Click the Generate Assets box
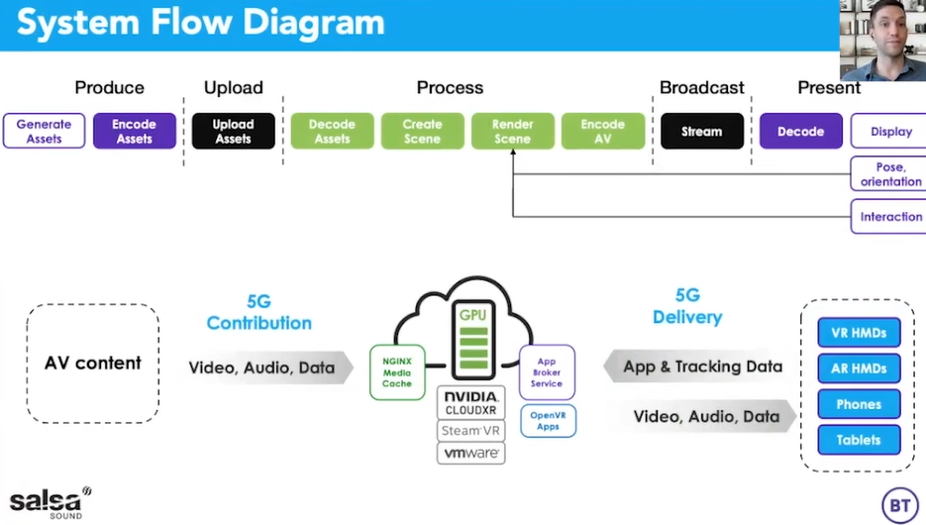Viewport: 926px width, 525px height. click(44, 131)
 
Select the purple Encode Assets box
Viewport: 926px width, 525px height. click(135, 131)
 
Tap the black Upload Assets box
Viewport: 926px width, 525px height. click(233, 131)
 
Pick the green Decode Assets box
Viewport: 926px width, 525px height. click(332, 131)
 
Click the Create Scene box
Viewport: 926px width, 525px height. click(422, 131)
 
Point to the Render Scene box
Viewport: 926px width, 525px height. click(512, 131)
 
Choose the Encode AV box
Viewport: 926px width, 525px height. click(602, 131)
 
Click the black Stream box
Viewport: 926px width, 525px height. click(701, 131)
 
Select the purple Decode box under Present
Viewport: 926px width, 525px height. click(800, 131)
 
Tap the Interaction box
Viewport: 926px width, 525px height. click(888, 216)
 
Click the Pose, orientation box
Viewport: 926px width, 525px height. click(888, 174)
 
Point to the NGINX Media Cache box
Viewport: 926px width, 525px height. click(396, 371)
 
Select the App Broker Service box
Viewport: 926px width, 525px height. click(547, 372)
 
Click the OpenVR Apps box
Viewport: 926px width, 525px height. click(547, 421)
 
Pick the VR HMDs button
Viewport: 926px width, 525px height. click(859, 333)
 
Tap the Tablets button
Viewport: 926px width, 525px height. click(859, 440)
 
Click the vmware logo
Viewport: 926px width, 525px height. click(471, 453)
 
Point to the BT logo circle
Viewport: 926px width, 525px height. click(899, 505)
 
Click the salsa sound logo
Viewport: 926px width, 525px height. click(50, 502)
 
